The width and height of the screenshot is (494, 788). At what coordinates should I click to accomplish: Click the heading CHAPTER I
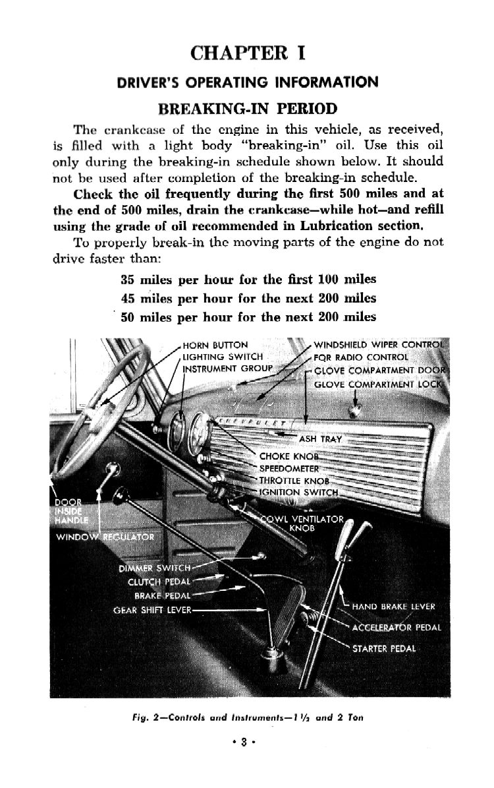pos(247,53)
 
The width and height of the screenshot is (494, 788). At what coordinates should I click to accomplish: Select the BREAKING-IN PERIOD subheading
pos(248,108)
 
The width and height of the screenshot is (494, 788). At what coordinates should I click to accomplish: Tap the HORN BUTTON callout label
pos(215,345)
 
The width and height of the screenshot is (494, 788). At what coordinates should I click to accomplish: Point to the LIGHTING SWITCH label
pos(213,357)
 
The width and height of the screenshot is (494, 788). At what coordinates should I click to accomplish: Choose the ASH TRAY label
pos(316,439)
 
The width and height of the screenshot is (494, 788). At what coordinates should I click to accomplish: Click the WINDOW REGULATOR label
pos(105,537)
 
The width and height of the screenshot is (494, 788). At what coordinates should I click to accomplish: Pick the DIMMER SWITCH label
pos(155,568)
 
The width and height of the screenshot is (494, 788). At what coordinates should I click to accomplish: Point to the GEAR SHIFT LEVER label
pos(152,610)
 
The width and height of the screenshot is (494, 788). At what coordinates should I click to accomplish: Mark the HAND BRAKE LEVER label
pos(393,607)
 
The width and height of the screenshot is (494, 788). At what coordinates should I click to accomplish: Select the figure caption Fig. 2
pos(247,718)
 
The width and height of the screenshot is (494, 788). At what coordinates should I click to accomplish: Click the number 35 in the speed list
pos(128,280)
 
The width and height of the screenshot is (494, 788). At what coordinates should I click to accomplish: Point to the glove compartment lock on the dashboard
pos(357,411)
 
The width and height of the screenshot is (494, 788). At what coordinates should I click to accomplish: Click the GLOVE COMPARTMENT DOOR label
pos(381,369)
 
